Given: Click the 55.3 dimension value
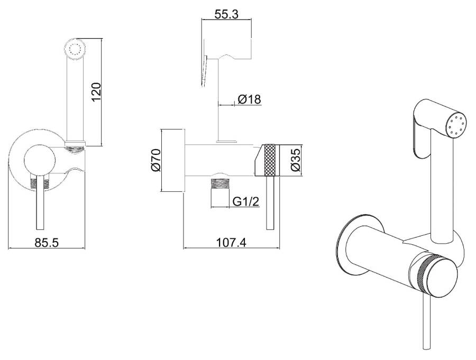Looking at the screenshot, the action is click(x=226, y=14).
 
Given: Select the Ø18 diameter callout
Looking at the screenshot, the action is click(x=249, y=99).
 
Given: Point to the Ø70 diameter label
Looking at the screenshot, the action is click(x=155, y=160).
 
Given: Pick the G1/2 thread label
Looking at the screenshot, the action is click(x=246, y=201).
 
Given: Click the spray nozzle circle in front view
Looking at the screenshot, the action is click(x=76, y=49).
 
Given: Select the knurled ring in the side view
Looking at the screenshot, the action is click(x=270, y=160).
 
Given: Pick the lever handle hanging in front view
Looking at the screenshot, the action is click(x=40, y=202).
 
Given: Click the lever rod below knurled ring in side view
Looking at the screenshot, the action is click(x=270, y=202).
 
